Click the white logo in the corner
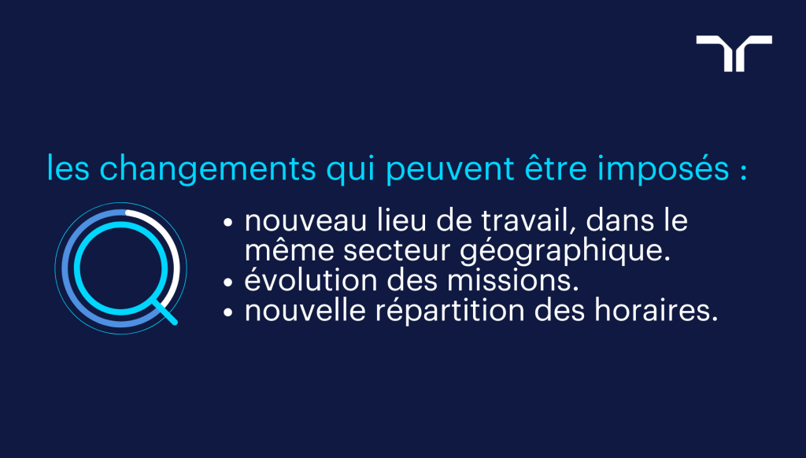tap(734, 52)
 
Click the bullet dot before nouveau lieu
tap(229, 223)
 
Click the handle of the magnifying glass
tap(166, 312)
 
